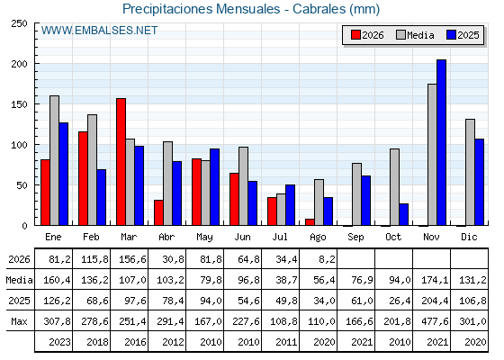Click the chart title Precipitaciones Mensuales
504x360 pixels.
point(201,9)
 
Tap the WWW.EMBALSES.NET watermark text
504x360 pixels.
point(99,31)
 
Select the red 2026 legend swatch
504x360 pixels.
point(355,35)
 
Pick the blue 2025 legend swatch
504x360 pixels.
point(451,35)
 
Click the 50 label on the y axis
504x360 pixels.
point(22,185)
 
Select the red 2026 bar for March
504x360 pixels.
point(121,162)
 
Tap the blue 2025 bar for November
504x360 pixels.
point(441,142)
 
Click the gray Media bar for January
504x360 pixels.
point(54,160)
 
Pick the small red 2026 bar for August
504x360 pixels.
point(310,221)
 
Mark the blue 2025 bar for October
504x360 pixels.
point(404,214)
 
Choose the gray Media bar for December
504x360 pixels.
point(470,172)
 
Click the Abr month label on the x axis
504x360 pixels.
point(166,238)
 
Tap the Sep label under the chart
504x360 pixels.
point(355,238)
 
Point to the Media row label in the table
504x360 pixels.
point(19,280)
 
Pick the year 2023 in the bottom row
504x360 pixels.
point(59,342)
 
